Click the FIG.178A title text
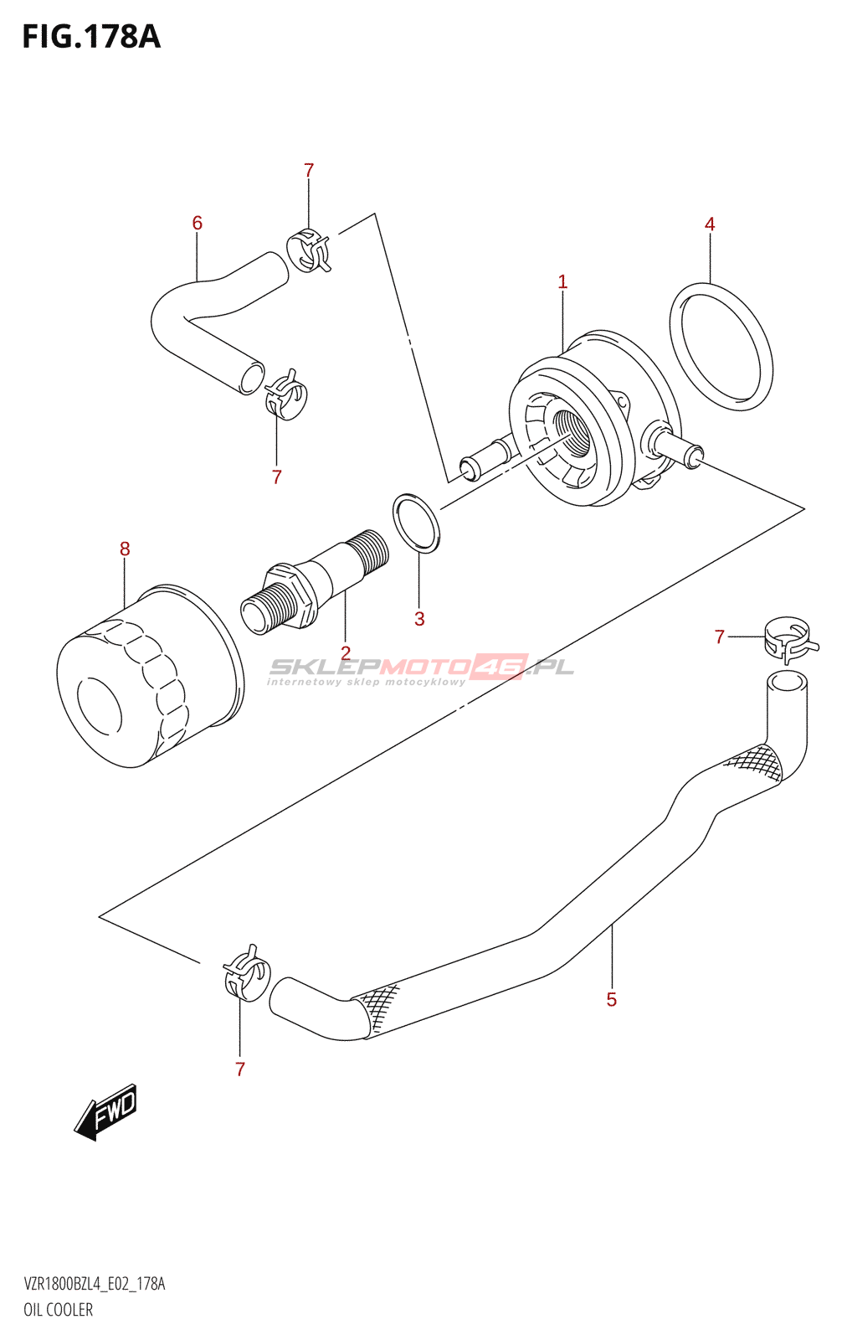click(x=91, y=38)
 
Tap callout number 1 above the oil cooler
click(x=562, y=282)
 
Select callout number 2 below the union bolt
click(x=345, y=652)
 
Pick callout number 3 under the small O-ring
click(x=419, y=619)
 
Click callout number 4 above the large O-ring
click(x=710, y=224)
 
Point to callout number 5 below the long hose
click(x=612, y=999)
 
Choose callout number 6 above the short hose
click(x=198, y=223)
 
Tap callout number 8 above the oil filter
click(x=125, y=549)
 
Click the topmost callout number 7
click(x=309, y=171)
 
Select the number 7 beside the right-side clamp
click(x=720, y=637)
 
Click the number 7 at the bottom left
click(x=240, y=1069)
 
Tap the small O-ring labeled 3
click(x=416, y=523)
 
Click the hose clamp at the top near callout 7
click(x=308, y=250)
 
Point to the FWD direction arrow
click(x=106, y=1112)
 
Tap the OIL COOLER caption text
click(x=58, y=1310)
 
